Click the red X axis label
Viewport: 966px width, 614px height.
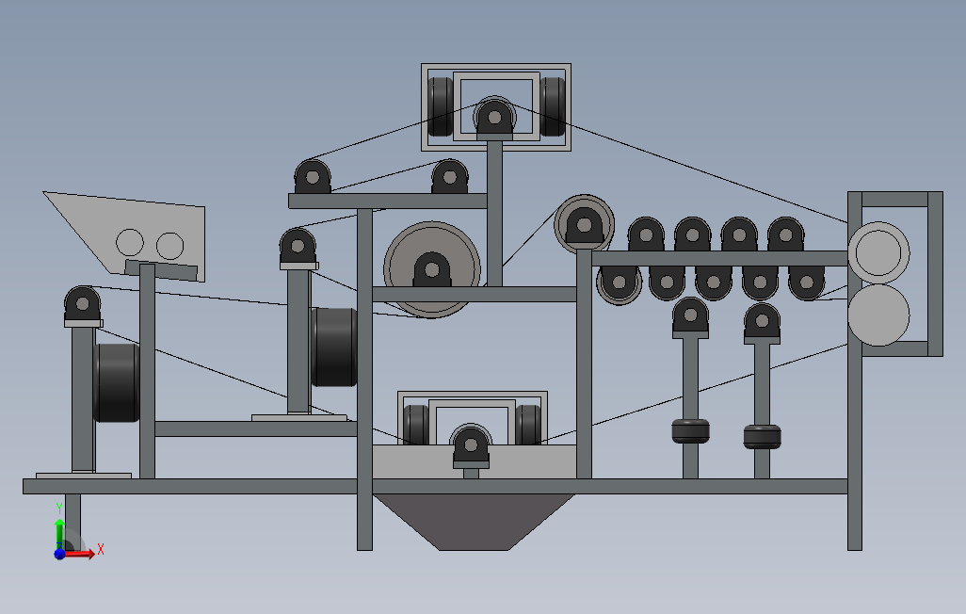coord(101,549)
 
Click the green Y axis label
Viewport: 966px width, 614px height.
coord(59,509)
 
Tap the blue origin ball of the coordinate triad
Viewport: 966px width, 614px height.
coord(59,554)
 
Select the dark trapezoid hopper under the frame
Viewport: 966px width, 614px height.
coord(474,522)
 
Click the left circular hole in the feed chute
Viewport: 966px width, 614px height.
coord(129,242)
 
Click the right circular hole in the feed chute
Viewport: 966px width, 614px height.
coord(170,246)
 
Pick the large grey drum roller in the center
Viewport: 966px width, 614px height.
coord(432,269)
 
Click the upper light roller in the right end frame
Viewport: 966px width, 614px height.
coord(878,252)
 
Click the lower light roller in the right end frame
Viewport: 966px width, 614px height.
coord(878,315)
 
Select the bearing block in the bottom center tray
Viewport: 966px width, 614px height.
coord(471,446)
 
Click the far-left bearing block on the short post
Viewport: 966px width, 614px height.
coord(83,305)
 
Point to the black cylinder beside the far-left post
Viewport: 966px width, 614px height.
coord(117,383)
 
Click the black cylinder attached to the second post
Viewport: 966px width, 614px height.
coord(334,347)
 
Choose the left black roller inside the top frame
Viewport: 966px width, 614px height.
coord(440,106)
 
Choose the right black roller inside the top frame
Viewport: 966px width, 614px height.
coord(553,106)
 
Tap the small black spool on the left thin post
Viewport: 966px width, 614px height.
coord(690,431)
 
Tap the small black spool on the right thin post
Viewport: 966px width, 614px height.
coord(762,436)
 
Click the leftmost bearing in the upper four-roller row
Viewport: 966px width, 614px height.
coord(646,234)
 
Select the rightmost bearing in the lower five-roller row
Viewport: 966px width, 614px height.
coord(807,283)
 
